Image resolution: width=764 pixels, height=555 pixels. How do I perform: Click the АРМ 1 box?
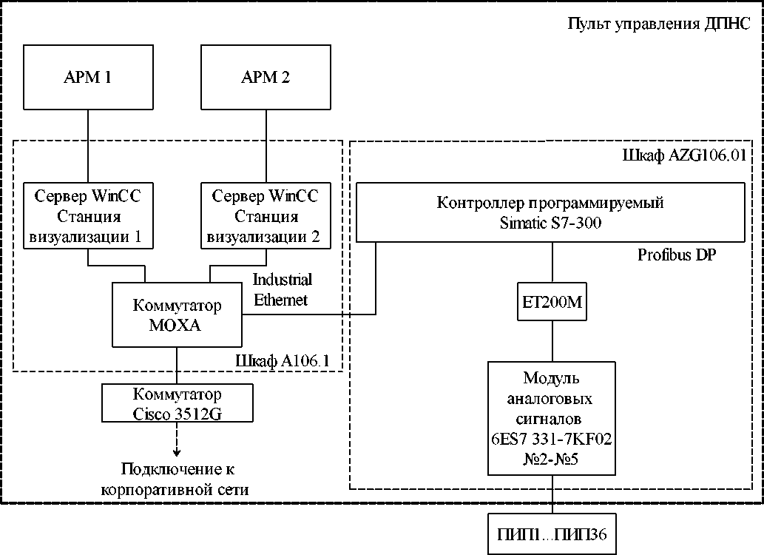pyautogui.click(x=88, y=77)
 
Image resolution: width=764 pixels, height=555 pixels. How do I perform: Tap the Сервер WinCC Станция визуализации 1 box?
pyautogui.click(x=88, y=217)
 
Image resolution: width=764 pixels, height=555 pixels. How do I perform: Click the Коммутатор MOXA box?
pyautogui.click(x=177, y=314)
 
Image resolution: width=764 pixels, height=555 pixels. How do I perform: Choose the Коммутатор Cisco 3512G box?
pyautogui.click(x=177, y=403)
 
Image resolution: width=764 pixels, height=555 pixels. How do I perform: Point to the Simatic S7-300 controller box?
pyautogui.click(x=551, y=212)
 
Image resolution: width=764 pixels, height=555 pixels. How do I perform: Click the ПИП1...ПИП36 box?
pyautogui.click(x=552, y=534)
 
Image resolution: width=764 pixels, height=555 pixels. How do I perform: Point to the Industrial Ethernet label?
pyautogui.click(x=283, y=289)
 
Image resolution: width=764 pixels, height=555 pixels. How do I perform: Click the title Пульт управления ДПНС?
pyautogui.click(x=658, y=24)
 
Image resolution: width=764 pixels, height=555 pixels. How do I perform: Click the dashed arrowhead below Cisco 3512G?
pyautogui.click(x=177, y=451)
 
